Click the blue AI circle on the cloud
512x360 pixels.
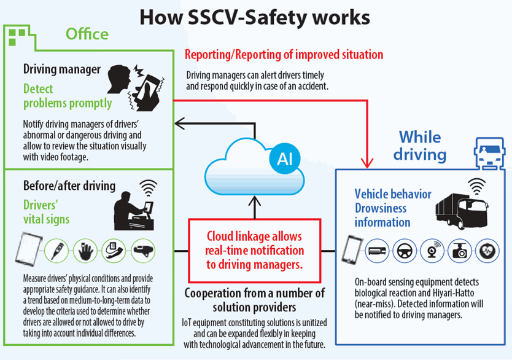point(284,159)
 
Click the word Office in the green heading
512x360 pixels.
point(87,34)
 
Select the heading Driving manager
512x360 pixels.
point(61,69)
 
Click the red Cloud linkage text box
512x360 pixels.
point(255,250)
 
